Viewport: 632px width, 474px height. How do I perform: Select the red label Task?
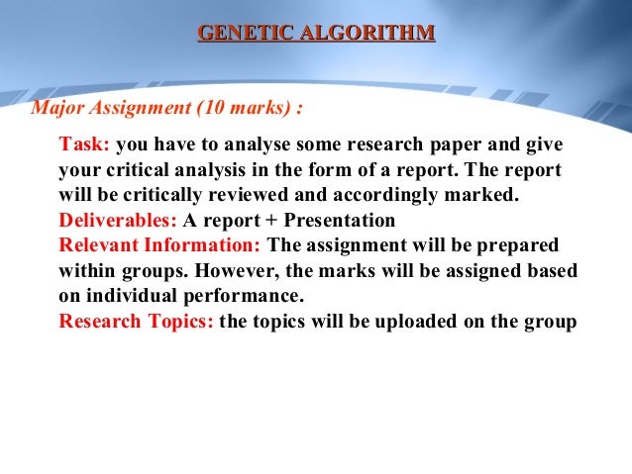[x=85, y=144]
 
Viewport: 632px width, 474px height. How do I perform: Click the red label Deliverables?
[x=119, y=220]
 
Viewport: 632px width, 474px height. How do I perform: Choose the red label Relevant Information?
[x=161, y=244]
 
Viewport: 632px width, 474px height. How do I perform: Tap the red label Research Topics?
[x=136, y=321]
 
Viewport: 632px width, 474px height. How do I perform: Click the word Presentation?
[x=339, y=220]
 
